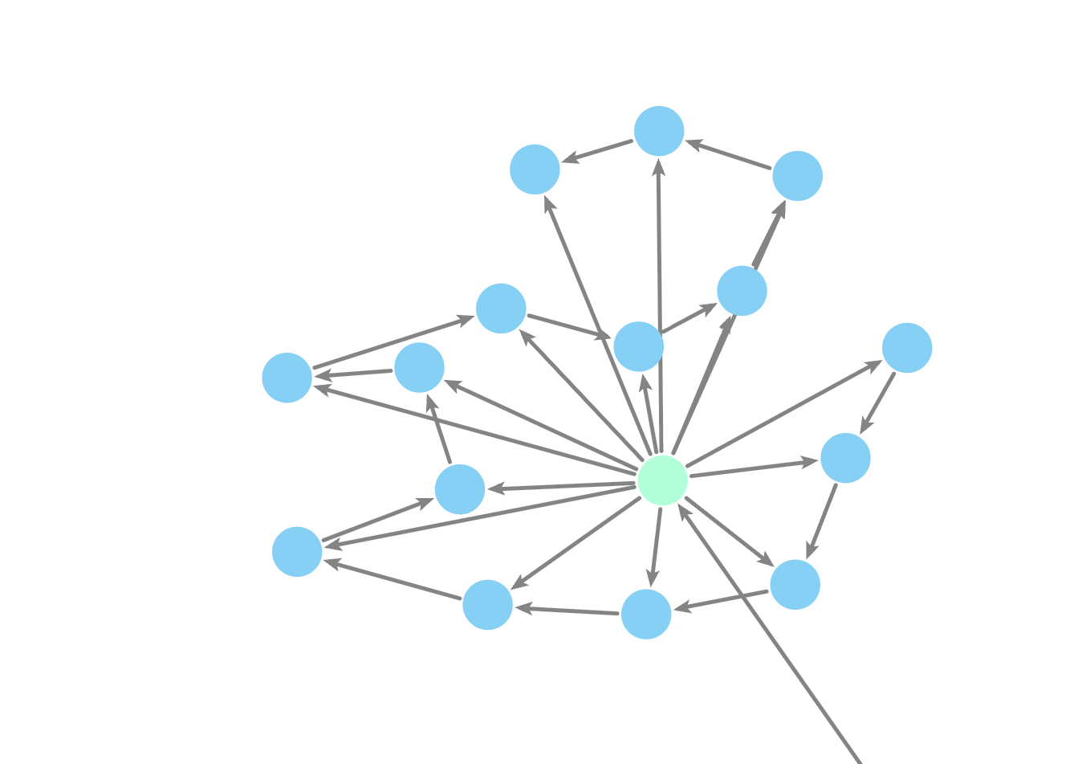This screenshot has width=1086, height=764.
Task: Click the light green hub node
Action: [x=662, y=480]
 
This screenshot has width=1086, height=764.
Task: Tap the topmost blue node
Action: [x=659, y=131]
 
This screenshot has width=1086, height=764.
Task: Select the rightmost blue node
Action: [x=907, y=348]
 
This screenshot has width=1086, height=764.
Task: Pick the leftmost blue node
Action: [x=287, y=378]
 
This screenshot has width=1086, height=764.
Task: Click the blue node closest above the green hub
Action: [x=638, y=347]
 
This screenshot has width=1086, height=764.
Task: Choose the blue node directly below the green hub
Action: [x=646, y=615]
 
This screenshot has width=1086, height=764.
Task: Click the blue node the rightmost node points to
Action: [x=845, y=458]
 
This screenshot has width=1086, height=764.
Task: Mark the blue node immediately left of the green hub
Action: [x=460, y=489]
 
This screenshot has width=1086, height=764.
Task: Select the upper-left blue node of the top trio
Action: [x=535, y=170]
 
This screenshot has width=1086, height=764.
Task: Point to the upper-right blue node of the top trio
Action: [x=797, y=176]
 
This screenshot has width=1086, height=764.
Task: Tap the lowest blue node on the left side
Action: [x=297, y=552]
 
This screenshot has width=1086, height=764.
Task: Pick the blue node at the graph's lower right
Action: [x=795, y=585]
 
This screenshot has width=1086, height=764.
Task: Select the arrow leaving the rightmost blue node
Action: [x=878, y=401]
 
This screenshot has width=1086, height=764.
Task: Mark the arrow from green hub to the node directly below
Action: [x=655, y=546]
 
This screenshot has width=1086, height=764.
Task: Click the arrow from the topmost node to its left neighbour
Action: [x=598, y=151]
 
